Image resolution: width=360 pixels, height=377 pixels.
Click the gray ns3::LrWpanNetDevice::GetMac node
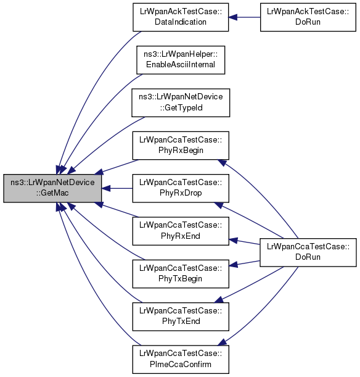pos(52,188)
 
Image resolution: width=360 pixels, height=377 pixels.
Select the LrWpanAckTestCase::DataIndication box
pos(181,17)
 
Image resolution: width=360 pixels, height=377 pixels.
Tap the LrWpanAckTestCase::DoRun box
pos(308,17)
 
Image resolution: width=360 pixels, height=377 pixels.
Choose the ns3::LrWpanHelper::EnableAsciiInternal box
pos(181,60)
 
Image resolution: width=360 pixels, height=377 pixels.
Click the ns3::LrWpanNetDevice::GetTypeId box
pos(181,102)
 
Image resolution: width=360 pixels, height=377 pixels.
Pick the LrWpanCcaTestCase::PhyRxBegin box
pos(181,146)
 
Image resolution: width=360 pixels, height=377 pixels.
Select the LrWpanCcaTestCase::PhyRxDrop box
pos(181,188)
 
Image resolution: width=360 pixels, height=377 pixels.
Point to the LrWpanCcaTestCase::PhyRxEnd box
pos(181,231)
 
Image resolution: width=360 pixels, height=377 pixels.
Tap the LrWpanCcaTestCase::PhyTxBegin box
pos(181,274)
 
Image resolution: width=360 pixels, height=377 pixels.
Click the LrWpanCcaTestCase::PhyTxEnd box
pos(181,317)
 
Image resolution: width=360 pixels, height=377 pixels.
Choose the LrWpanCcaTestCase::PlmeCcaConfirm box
pos(181,360)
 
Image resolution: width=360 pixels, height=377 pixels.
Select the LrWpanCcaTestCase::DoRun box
pos(308,252)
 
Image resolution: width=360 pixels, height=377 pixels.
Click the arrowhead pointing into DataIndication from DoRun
pos(233,17)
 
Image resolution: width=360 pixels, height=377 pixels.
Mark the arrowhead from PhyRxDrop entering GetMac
pos(106,188)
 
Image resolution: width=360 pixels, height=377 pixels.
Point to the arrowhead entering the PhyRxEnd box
pos(233,240)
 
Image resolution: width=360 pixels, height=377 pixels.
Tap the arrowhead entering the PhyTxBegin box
pos(233,265)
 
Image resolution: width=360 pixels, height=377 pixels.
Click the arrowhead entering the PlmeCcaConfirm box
pos(222,342)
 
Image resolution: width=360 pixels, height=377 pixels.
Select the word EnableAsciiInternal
pos(181,65)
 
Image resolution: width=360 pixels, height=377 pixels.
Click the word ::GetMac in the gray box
pos(52,193)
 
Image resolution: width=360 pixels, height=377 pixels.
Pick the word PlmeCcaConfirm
pos(181,364)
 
